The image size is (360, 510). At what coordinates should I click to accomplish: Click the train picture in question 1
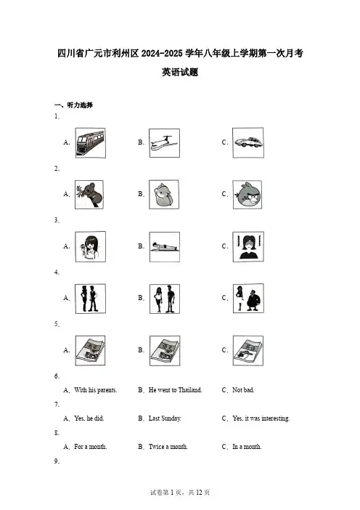pyautogui.click(x=90, y=143)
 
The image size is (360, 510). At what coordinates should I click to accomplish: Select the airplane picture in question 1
pyautogui.click(x=164, y=143)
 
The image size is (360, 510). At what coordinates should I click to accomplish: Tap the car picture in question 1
pyautogui.click(x=248, y=143)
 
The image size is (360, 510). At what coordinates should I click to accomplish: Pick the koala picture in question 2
pyautogui.click(x=89, y=195)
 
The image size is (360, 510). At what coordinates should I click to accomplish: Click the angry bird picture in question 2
pyautogui.click(x=247, y=195)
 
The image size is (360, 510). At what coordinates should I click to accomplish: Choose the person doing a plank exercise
pyautogui.click(x=165, y=247)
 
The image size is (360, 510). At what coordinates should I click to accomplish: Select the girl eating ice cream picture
pyautogui.click(x=90, y=246)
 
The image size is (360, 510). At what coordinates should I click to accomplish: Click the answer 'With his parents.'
pyautogui.click(x=96, y=390)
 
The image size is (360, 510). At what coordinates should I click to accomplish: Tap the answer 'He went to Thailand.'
pyautogui.click(x=175, y=390)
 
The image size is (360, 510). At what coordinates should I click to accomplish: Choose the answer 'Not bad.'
pyautogui.click(x=243, y=390)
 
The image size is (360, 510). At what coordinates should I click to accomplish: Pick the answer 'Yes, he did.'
pyautogui.click(x=89, y=418)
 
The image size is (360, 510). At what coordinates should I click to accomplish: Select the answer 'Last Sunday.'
pyautogui.click(x=165, y=418)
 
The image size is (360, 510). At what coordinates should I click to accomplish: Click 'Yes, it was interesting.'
pyautogui.click(x=261, y=418)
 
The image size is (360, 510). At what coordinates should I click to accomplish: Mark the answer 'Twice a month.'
pyautogui.click(x=168, y=447)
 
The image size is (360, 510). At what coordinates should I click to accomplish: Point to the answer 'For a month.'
pyautogui.click(x=90, y=447)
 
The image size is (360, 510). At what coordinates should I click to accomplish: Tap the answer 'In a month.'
pyautogui.click(x=247, y=447)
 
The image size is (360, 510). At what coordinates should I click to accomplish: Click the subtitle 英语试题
pyautogui.click(x=180, y=72)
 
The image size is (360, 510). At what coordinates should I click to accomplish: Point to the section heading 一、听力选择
pyautogui.click(x=73, y=105)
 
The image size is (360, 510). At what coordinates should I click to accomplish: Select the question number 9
pyautogui.click(x=57, y=461)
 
